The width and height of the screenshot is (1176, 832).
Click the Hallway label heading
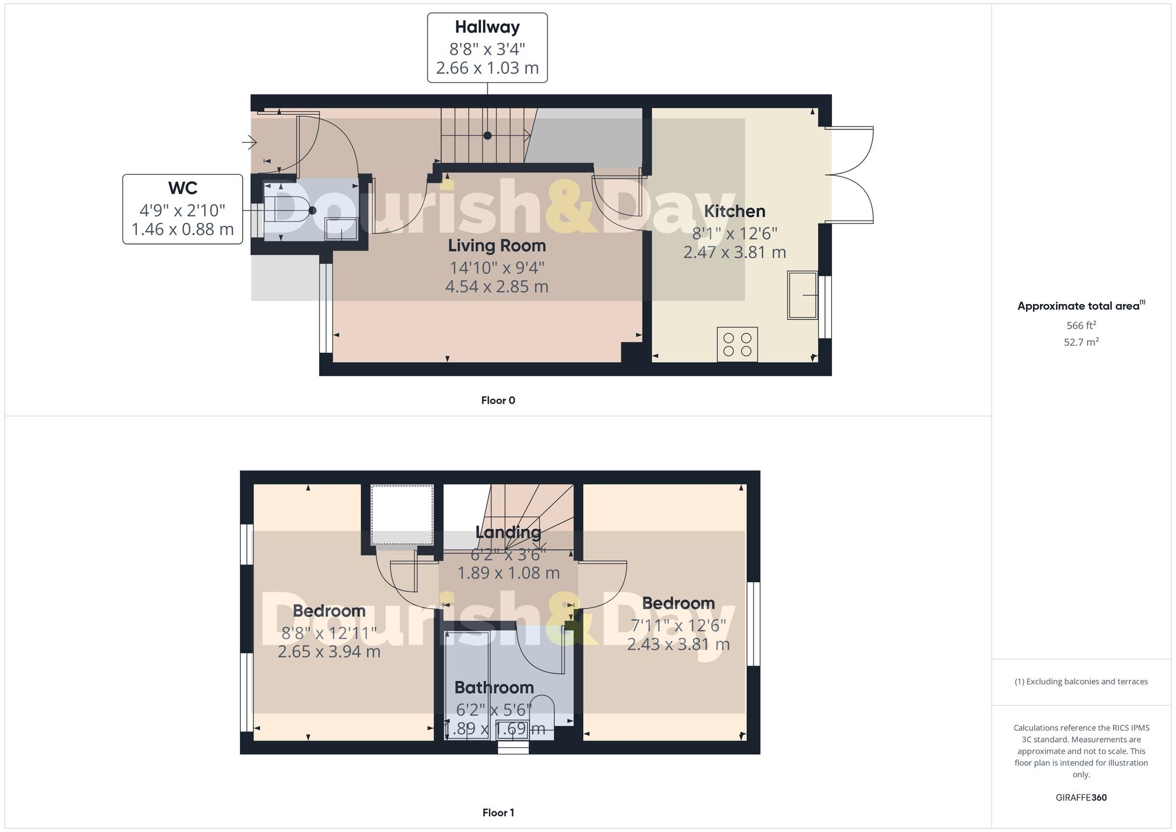click(487, 27)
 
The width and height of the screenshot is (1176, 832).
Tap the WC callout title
click(182, 188)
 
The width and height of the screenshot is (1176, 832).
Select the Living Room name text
click(497, 246)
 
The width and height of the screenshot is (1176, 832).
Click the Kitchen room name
click(734, 211)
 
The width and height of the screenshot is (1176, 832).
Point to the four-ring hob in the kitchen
click(737, 345)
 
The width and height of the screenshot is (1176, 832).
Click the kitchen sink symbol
click(803, 295)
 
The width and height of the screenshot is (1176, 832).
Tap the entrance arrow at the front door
click(250, 142)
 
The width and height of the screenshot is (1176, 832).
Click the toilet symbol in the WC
click(291, 210)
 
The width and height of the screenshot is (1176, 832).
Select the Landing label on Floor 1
click(508, 533)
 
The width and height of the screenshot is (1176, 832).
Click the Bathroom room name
click(494, 687)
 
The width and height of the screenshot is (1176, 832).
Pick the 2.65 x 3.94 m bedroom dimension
click(329, 651)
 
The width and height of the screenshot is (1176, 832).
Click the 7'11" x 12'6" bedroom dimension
click(678, 625)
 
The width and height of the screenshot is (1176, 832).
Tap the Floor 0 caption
click(498, 400)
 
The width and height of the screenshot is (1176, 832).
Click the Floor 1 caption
click(498, 813)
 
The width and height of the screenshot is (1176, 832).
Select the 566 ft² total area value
click(1081, 325)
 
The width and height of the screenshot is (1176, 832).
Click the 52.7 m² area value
click(1081, 342)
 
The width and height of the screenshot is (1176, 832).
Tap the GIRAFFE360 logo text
click(1081, 798)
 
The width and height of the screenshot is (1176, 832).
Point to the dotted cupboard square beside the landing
click(402, 515)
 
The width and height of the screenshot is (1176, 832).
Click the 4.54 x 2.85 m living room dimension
click(497, 287)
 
